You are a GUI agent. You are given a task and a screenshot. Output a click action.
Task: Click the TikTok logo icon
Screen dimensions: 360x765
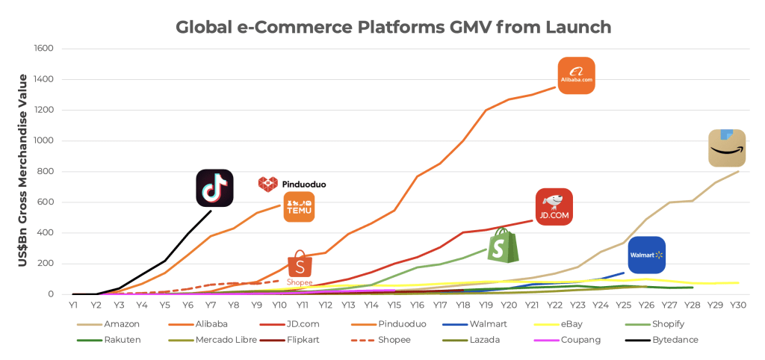tap(214, 187)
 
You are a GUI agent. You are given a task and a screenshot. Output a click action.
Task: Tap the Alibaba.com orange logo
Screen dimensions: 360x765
tap(576, 75)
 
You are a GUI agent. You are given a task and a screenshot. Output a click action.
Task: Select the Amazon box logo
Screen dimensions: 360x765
tap(726, 148)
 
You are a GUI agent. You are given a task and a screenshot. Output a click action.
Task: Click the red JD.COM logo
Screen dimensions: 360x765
tap(554, 207)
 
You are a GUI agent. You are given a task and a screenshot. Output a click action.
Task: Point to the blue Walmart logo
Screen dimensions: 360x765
tap(646, 255)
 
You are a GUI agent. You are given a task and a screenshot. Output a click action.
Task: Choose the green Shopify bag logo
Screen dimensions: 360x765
tap(503, 245)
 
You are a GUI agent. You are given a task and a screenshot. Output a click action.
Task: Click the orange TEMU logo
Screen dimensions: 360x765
tap(299, 207)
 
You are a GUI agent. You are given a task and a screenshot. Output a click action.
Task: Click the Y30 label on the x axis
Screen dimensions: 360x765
tap(737, 305)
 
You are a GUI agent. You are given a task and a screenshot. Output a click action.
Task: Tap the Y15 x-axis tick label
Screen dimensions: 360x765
tap(394, 305)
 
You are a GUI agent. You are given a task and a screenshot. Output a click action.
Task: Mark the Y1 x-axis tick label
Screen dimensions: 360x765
tap(73, 305)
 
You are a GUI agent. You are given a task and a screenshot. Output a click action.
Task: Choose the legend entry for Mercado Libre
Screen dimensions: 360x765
tap(225, 340)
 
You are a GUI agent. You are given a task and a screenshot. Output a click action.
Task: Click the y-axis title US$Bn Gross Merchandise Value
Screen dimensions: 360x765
tap(23, 171)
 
